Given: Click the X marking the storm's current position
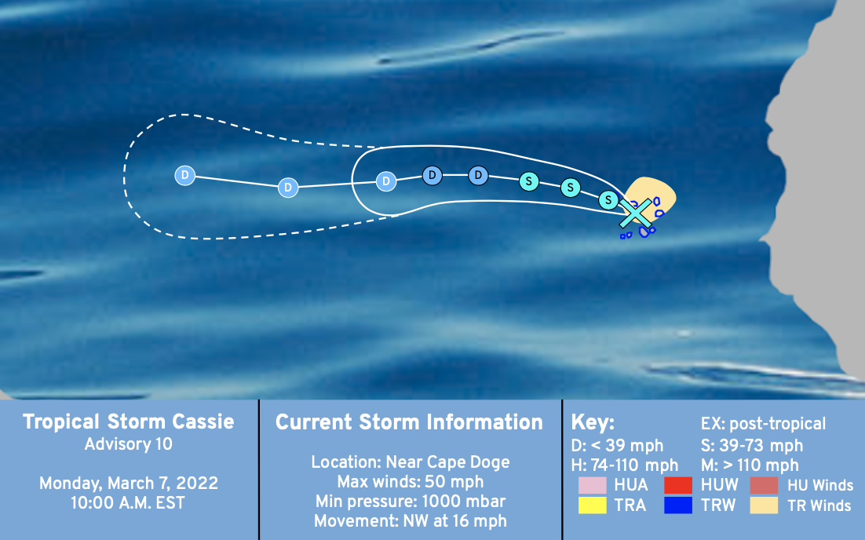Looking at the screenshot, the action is [x=636, y=213].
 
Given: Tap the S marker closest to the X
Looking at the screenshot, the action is [x=608, y=199].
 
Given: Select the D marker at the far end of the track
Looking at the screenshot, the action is [x=184, y=175].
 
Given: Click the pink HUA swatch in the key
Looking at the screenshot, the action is [x=593, y=485].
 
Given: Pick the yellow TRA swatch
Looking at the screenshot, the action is [x=593, y=505].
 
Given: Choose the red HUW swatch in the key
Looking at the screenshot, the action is [x=678, y=485].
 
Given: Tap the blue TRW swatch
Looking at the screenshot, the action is [x=678, y=505].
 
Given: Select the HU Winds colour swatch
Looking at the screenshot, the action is [x=764, y=485].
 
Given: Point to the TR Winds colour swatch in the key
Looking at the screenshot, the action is [x=764, y=505].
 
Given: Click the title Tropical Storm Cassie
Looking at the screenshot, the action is [x=129, y=422].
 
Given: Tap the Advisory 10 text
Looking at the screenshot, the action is [x=129, y=444].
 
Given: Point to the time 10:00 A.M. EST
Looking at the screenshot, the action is [x=128, y=503].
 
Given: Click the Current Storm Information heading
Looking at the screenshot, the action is [x=409, y=422].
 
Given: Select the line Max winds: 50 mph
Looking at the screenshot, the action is [x=411, y=482].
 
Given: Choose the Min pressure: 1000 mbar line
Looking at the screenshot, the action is [x=411, y=502].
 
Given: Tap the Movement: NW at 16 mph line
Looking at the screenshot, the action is [x=411, y=521].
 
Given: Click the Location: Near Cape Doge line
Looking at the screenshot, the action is [x=411, y=462].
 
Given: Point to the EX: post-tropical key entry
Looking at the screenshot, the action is [x=764, y=424].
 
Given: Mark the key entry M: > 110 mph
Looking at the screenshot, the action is [x=750, y=465].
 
